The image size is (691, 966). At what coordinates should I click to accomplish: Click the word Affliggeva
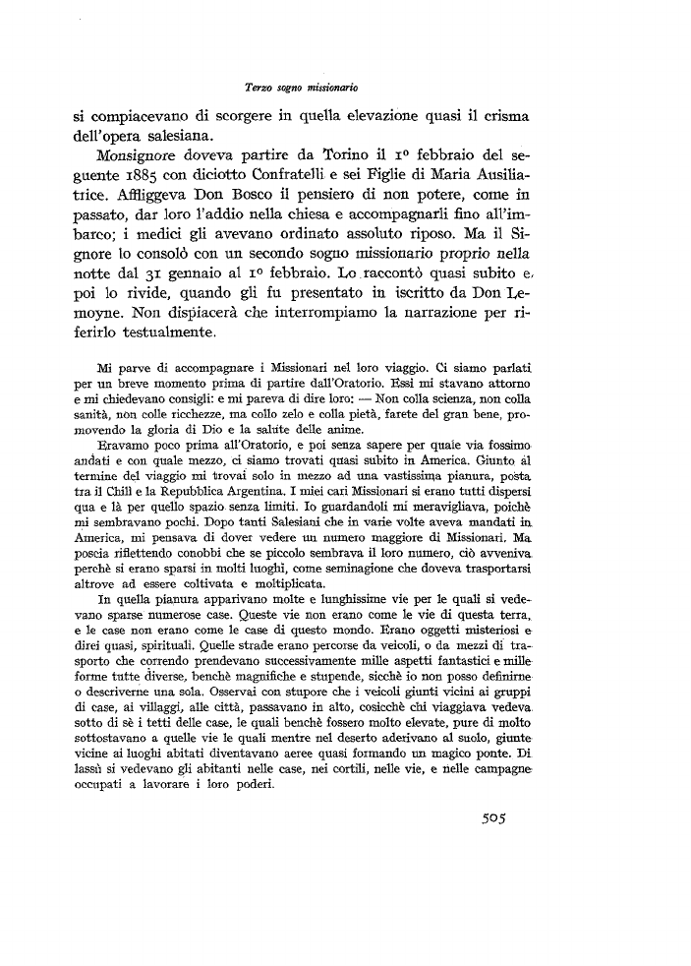[144, 203]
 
